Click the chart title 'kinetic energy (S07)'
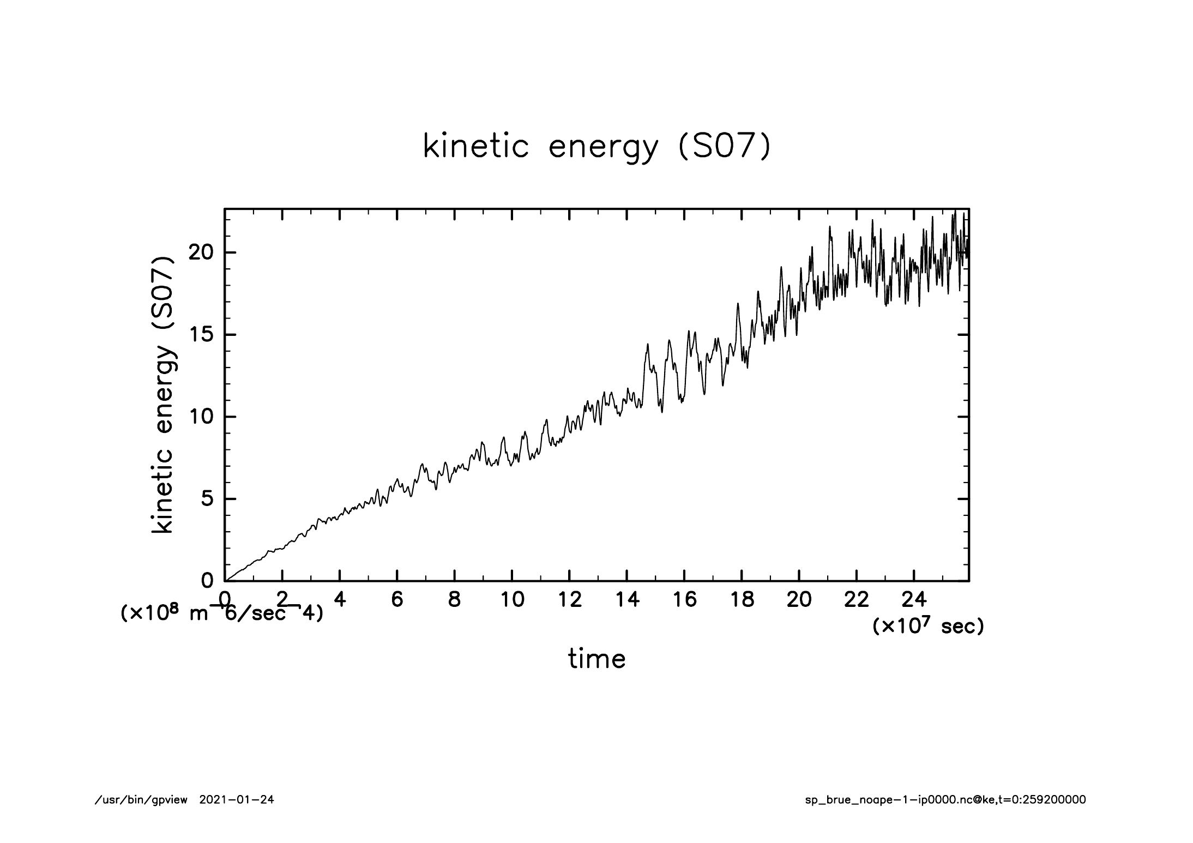(597, 147)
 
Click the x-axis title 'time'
(596, 659)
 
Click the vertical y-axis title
(164, 395)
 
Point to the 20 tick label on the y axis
(201, 253)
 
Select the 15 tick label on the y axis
(201, 335)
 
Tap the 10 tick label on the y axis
(201, 417)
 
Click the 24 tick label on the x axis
(914, 600)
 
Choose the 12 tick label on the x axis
(569, 600)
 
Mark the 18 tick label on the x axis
(742, 600)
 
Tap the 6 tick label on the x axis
(397, 600)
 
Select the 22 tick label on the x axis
(857, 600)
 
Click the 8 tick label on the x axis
(454, 600)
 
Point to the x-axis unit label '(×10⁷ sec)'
(928, 626)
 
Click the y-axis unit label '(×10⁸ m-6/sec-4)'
(221, 613)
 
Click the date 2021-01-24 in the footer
(237, 800)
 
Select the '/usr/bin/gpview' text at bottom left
(141, 800)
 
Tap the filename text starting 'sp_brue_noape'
(945, 800)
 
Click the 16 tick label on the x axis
(684, 600)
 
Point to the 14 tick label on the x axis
(627, 600)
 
